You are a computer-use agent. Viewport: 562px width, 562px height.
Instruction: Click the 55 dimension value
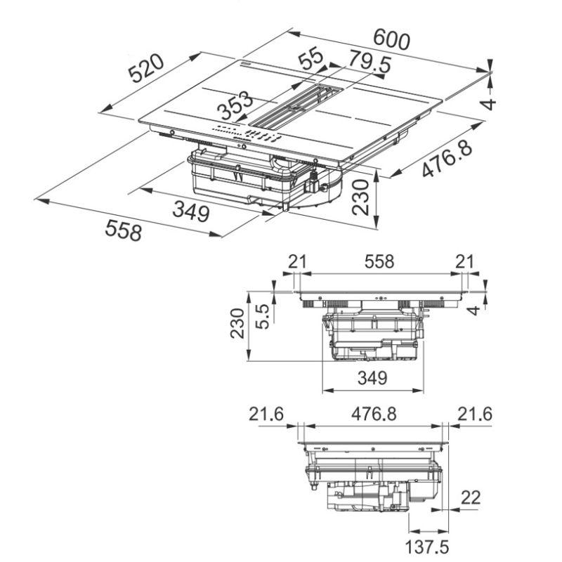[x=309, y=58]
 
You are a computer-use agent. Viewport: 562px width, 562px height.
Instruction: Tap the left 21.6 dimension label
[x=266, y=414]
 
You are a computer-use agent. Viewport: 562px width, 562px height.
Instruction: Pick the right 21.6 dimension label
[x=474, y=414]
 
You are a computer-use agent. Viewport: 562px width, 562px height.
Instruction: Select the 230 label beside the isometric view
[x=361, y=196]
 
